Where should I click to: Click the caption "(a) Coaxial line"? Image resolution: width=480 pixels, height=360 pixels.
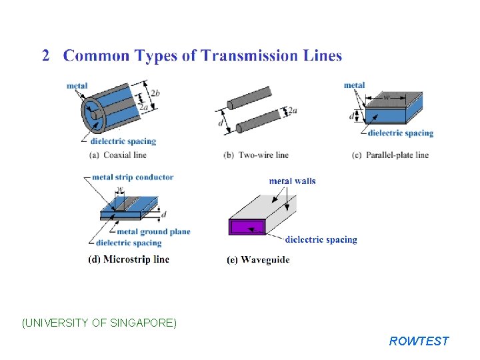117,155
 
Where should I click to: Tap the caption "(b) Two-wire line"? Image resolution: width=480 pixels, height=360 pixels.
255,155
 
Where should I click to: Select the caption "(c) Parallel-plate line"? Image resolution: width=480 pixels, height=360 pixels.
390,155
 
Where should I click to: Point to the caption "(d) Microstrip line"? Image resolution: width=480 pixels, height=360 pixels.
129,259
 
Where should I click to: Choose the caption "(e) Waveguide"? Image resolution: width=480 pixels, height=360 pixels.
258,260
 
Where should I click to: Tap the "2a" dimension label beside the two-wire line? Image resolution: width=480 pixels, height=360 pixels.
291,111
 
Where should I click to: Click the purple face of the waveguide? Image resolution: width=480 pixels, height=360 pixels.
247,227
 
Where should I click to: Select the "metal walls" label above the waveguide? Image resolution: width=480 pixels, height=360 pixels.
293,181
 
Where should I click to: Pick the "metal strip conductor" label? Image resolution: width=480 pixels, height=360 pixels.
132,177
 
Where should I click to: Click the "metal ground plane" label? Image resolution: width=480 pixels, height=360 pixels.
153,232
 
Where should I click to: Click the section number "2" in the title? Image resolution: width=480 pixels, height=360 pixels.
46,56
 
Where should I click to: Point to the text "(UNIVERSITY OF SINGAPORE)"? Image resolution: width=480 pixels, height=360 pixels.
99,323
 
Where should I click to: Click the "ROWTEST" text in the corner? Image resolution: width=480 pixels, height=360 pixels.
419,341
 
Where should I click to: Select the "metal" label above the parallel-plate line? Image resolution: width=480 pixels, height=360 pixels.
354,85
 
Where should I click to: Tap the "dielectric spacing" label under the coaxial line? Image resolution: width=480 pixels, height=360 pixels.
123,141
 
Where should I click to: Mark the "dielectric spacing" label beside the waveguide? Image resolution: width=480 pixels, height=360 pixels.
321,240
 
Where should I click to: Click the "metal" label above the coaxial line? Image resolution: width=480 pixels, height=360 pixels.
77,85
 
